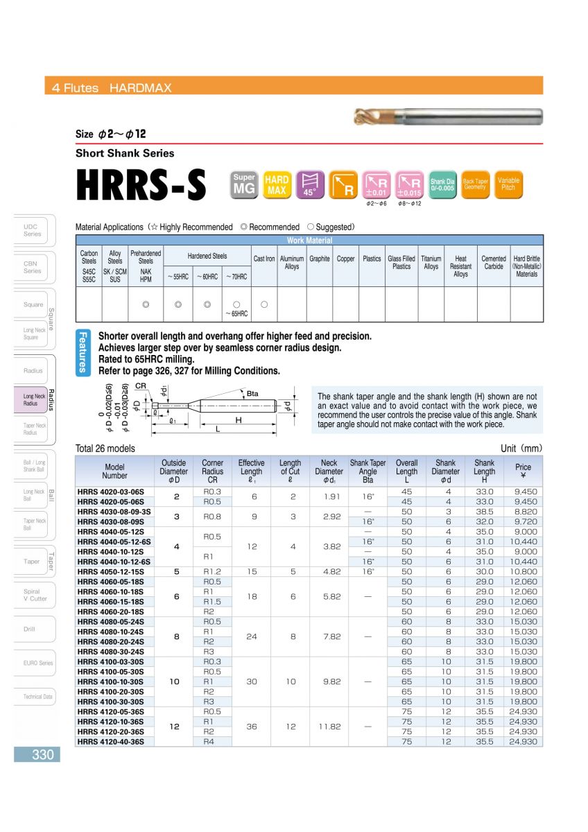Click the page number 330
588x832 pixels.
pos(42,754)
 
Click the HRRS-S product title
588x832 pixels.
pos(141,184)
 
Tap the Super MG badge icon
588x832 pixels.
pos(244,184)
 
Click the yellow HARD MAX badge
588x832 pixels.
pos(277,185)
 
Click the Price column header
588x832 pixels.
pos(523,471)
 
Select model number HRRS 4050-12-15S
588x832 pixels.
pos(114,571)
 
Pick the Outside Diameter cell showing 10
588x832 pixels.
pos(174,682)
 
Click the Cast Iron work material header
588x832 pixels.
pos(263,259)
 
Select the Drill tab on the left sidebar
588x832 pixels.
pos(29,629)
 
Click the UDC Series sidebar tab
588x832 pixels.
pos(32,230)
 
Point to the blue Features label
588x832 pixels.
pos(83,352)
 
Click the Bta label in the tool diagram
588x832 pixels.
pos(253,394)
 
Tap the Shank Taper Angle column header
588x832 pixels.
pos(367,471)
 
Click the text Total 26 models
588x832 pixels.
pos(105,449)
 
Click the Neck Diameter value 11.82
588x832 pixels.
pos(329,727)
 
